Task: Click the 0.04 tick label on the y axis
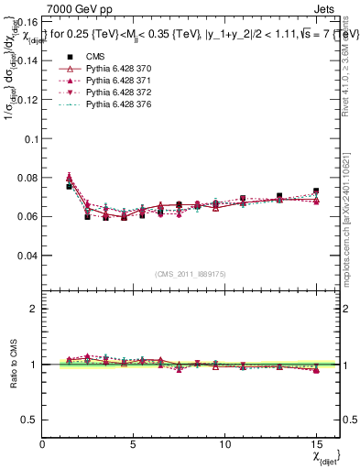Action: click(x=27, y=256)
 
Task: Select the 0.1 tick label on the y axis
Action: click(x=31, y=138)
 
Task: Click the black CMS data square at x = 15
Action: click(x=315, y=191)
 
